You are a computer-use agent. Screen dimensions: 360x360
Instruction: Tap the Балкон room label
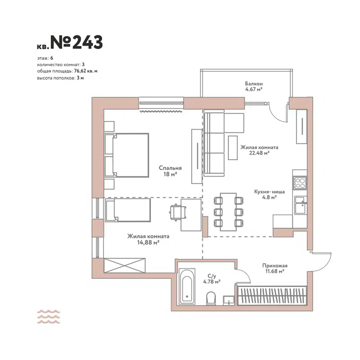[x=254, y=84]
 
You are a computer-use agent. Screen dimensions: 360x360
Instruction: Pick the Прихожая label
[x=274, y=265]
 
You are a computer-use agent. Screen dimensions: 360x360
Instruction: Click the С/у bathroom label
[x=211, y=276]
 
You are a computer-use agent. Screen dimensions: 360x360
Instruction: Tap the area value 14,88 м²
[x=148, y=242]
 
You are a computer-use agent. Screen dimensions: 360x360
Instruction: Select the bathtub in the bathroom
[x=187, y=287]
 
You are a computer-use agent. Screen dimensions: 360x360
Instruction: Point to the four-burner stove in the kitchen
[x=300, y=182]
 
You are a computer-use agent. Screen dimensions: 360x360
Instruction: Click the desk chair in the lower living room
[x=177, y=212]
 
